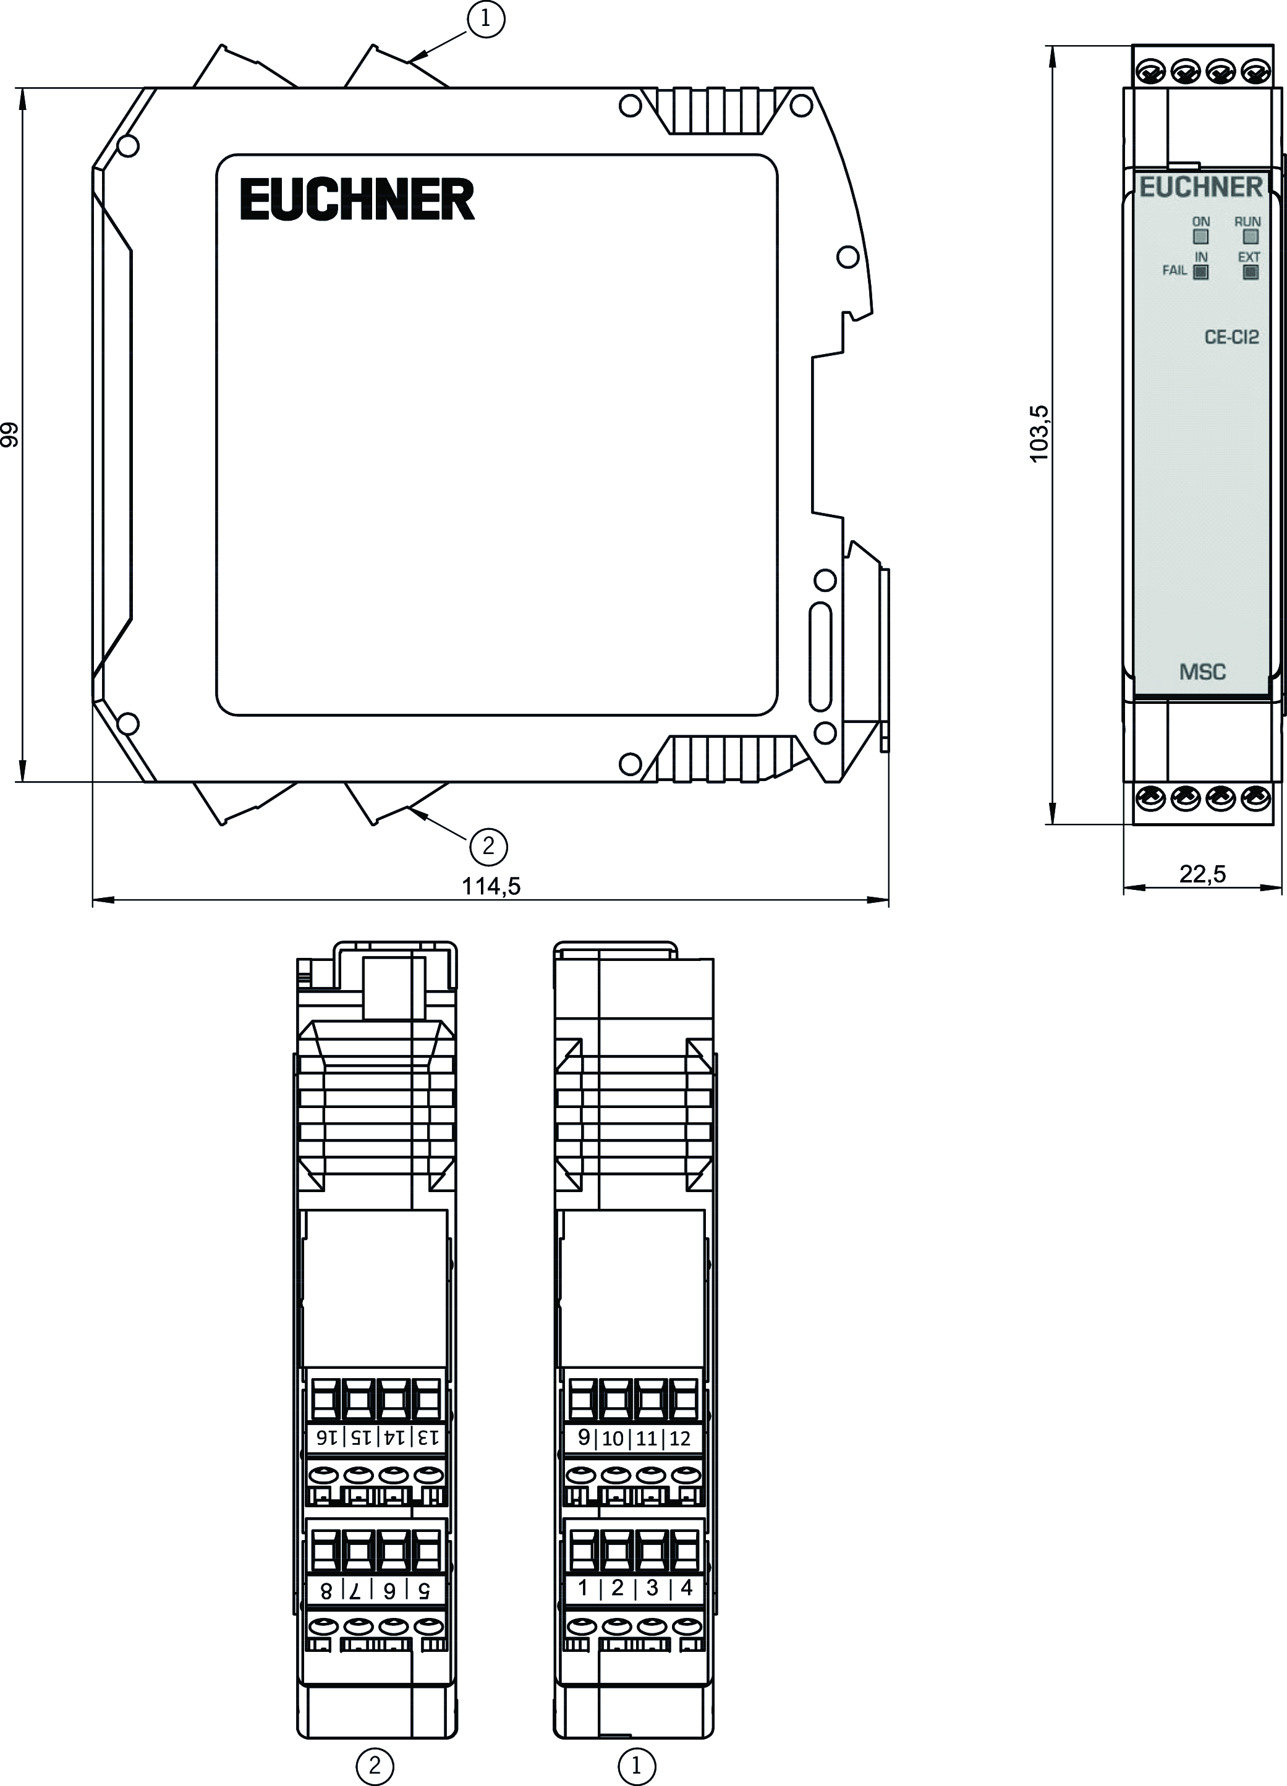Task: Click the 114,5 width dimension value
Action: click(x=491, y=886)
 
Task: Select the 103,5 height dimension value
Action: click(x=1040, y=434)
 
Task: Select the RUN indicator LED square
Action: click(x=1250, y=236)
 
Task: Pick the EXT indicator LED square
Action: click(x=1250, y=273)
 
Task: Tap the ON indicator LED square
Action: click(x=1201, y=236)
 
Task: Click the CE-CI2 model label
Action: click(x=1232, y=337)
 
